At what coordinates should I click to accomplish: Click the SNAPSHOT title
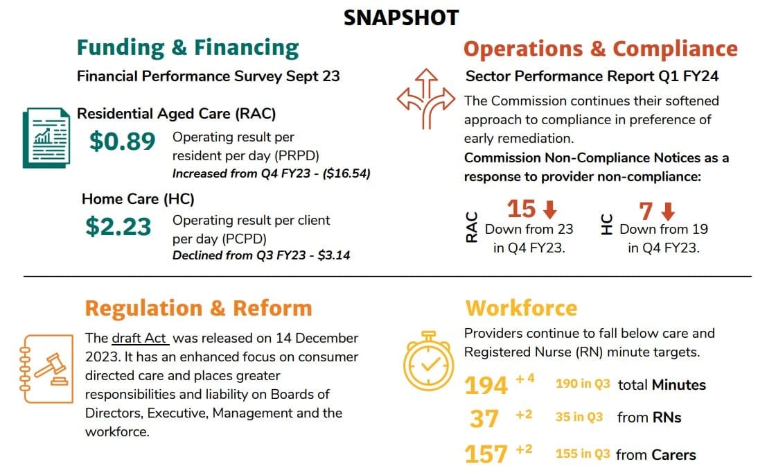[401, 17]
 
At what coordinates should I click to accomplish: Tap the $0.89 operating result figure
[122, 141]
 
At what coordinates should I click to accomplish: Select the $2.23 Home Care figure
[118, 227]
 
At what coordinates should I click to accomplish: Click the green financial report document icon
[46, 137]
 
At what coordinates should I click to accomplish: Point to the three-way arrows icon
[426, 99]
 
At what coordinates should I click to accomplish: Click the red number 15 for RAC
[522, 209]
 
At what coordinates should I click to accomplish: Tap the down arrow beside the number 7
[668, 211]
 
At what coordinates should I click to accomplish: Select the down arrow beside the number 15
[550, 209]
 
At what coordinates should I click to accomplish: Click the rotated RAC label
[472, 228]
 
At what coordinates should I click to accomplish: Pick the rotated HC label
[606, 225]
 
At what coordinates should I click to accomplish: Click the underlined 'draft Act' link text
[140, 339]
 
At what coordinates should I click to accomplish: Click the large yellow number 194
[486, 385]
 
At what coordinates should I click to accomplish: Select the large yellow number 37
[484, 418]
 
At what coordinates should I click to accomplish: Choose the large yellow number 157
[486, 454]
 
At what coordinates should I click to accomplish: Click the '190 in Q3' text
[583, 384]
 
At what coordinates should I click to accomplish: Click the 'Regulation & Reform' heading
[199, 309]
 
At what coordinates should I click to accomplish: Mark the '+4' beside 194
[525, 379]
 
